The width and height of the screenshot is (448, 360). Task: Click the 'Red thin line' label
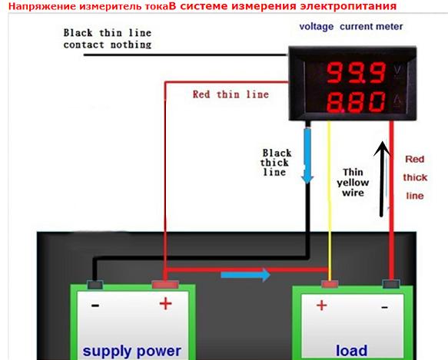[231, 94]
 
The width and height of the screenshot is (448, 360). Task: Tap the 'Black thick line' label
[276, 163]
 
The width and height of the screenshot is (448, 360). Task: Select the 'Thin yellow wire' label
[353, 183]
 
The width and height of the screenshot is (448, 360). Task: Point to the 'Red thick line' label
[415, 177]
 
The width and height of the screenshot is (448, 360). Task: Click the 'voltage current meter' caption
[351, 27]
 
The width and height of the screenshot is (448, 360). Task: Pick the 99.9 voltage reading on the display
[357, 72]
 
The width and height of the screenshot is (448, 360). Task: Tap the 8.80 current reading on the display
[356, 102]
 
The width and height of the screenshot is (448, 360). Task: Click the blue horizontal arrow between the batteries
[245, 275]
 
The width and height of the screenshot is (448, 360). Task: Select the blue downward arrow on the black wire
[307, 156]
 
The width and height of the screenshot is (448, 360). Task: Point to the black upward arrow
[382, 179]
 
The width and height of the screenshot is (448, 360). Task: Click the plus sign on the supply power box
[166, 303]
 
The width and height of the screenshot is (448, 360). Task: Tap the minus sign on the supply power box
[95, 306]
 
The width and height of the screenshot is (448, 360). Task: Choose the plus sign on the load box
[322, 306]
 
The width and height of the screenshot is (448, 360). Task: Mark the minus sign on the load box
[384, 307]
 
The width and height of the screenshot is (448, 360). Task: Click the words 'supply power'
[132, 351]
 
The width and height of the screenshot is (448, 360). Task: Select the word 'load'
[351, 350]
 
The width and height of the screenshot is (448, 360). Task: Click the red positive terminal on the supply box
[165, 284]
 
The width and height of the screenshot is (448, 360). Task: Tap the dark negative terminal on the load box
[391, 284]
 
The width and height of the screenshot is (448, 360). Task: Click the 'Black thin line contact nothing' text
[108, 38]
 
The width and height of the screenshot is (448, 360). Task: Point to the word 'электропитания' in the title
[348, 6]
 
